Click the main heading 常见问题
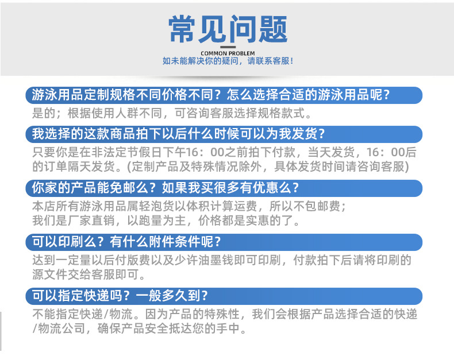228,28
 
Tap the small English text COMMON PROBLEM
228,53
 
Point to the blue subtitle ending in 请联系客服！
228,61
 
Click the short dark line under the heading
228,46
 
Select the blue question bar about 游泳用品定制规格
224,95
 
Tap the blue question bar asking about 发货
224,134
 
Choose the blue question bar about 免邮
224,188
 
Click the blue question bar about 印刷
224,242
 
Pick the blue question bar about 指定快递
224,296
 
